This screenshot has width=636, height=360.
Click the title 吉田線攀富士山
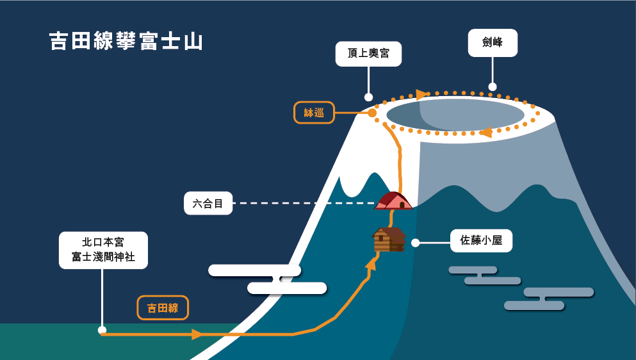(126, 41)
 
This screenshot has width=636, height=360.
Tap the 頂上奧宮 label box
(368, 54)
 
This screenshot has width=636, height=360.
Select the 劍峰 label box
(492, 44)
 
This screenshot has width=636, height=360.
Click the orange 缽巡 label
(314, 113)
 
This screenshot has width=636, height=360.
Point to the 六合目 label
(208, 204)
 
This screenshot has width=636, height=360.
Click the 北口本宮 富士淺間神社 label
(103, 250)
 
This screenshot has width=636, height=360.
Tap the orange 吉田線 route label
(164, 308)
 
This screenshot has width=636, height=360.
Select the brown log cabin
(389, 240)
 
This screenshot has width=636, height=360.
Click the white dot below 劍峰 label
(493, 86)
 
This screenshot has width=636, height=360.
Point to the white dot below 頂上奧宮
(368, 97)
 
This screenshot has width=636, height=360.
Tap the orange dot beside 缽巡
(372, 113)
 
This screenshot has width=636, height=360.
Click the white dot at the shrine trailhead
(102, 330)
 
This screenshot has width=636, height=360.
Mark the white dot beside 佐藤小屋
(415, 243)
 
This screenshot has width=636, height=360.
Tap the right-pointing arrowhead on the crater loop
(420, 95)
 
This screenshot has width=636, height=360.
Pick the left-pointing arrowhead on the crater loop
(485, 133)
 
